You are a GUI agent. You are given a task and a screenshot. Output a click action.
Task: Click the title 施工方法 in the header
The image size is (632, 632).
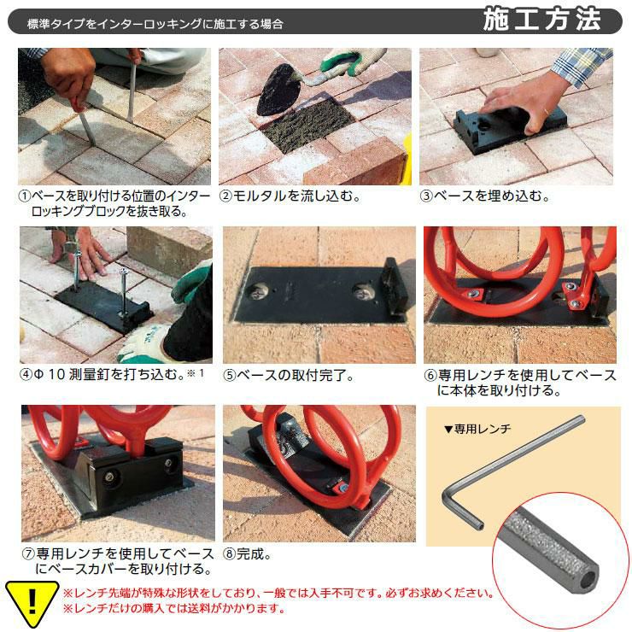click(x=541, y=20)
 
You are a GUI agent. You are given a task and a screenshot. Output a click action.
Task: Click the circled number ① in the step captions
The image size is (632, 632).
click(x=25, y=196)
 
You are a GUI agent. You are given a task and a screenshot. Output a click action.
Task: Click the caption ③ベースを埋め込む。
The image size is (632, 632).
click(x=486, y=196)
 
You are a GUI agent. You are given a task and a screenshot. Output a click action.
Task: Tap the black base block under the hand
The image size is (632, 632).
click(x=509, y=128)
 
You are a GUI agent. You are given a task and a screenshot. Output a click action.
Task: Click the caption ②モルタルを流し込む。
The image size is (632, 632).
click(x=290, y=196)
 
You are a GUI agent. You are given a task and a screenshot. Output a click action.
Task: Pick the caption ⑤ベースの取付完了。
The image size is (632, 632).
click(x=289, y=375)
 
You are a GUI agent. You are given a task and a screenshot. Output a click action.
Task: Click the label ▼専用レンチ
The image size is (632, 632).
click(x=477, y=429)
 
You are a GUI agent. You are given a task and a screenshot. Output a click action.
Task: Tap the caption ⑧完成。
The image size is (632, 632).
click(x=248, y=554)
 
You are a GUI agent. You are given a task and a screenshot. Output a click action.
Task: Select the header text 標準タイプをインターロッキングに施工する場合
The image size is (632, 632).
click(x=155, y=24)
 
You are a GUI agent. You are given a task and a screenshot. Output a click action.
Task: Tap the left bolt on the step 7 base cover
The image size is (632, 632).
click(x=109, y=477)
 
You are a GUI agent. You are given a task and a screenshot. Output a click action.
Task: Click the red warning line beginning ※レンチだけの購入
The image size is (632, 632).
click(x=174, y=608)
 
